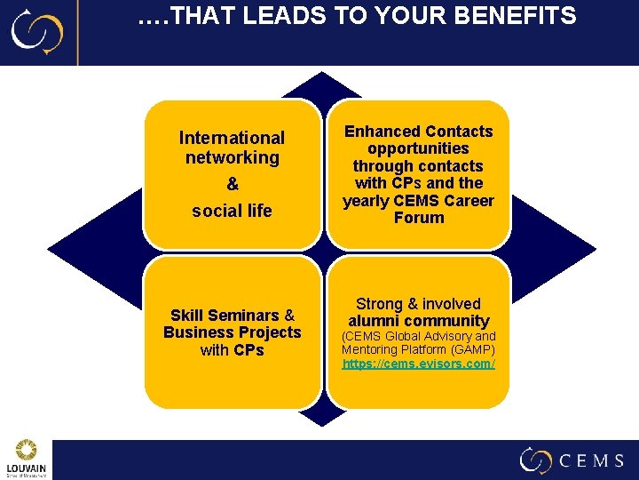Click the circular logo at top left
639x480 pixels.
tap(37, 32)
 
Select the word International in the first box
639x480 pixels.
tap(232, 138)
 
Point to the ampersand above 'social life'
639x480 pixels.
tap(233, 184)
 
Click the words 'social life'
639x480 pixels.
tap(233, 211)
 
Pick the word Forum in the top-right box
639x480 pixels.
tap(418, 217)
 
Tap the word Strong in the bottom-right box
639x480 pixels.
tap(382, 304)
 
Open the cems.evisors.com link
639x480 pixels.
tap(419, 364)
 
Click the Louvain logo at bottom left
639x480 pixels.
tap(27, 459)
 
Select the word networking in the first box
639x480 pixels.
tap(233, 157)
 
